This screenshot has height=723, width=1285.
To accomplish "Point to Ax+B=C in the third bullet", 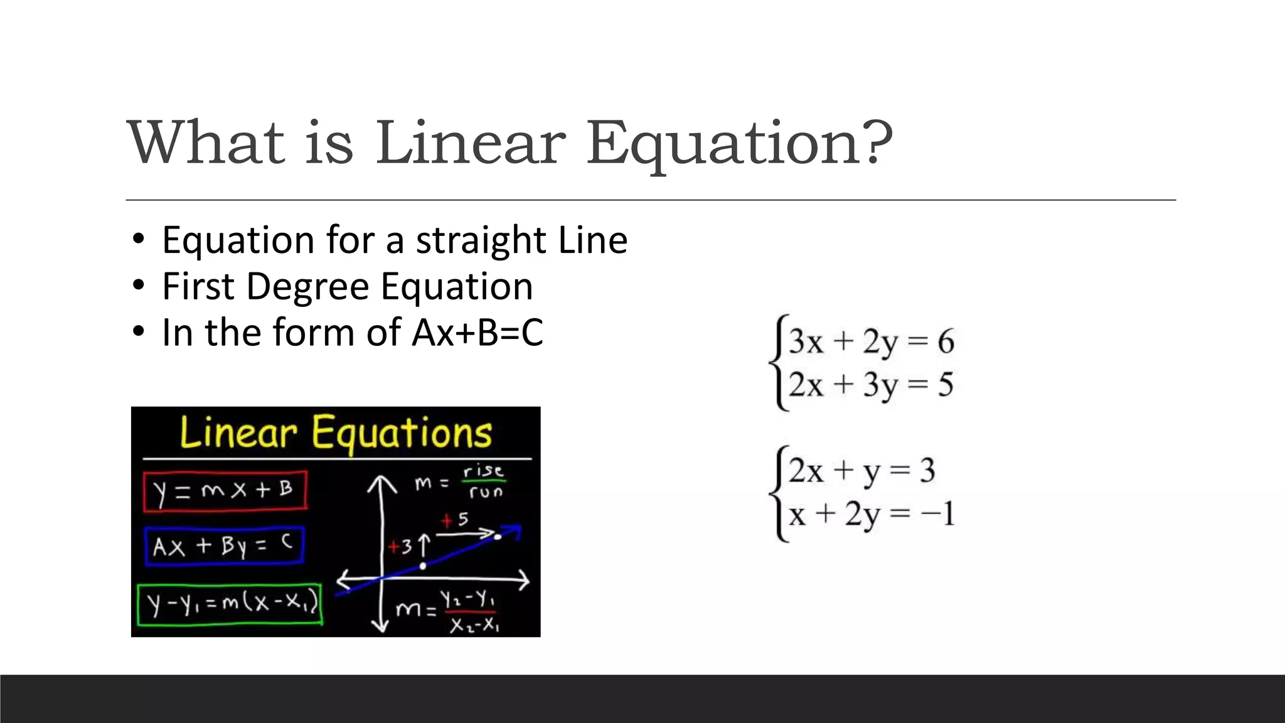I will pyautogui.click(x=477, y=333).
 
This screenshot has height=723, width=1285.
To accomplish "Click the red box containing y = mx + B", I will pyautogui.click(x=225, y=490).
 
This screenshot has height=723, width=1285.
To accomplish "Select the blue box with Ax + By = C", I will pyautogui.click(x=224, y=546).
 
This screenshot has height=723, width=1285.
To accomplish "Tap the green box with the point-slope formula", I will pyautogui.click(x=230, y=604).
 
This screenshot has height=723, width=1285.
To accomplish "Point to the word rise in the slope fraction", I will pyautogui.click(x=483, y=471).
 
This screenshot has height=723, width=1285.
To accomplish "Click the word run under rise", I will pyautogui.click(x=486, y=492).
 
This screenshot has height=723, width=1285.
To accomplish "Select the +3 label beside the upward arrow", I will pyautogui.click(x=400, y=547).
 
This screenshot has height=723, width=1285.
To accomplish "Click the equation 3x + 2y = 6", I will pyautogui.click(x=871, y=342).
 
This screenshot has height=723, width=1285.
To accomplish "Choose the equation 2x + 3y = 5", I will pyautogui.click(x=871, y=385).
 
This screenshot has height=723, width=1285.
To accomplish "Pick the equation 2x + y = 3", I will pyautogui.click(x=861, y=471).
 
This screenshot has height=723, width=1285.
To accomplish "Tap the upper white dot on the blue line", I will pyautogui.click(x=498, y=537).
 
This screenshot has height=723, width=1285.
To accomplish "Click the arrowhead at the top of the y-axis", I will pyautogui.click(x=381, y=483).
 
